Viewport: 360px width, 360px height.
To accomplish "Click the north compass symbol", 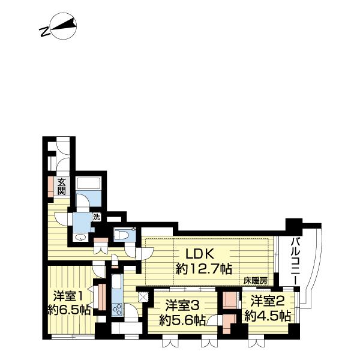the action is tap(64, 26).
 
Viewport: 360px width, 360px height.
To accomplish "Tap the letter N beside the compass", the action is tap(45, 32).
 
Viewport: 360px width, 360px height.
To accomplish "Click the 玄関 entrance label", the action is tap(61, 186).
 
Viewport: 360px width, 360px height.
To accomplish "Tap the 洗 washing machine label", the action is tap(97, 217).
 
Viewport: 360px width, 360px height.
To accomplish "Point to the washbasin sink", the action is tap(81, 238).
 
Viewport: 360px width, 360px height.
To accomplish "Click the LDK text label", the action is tap(200, 254).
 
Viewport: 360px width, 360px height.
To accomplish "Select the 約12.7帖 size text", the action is tap(203, 269).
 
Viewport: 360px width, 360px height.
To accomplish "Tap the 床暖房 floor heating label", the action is tap(256, 281).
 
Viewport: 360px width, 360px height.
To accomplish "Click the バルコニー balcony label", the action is tap(296, 261).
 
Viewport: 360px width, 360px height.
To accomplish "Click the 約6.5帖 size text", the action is tap(69, 310).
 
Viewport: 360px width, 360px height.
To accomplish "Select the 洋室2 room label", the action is tap(268, 301).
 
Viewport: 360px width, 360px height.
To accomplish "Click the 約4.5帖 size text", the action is tap(268, 316).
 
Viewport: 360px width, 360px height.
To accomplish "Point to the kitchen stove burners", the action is tap(118, 309).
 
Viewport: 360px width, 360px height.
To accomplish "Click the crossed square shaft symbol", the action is tap(143, 296).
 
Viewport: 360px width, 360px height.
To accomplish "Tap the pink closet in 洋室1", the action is tap(102, 297).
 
